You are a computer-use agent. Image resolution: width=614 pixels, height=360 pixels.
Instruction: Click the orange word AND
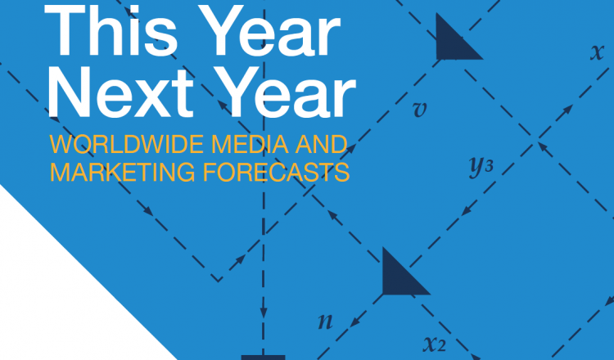pos(321,144)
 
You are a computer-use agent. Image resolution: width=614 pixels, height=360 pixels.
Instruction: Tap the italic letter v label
pos(420,110)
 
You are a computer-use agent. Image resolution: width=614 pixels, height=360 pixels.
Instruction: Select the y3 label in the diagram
pos(481,167)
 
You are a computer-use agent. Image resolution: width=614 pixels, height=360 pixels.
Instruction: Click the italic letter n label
pos(325,322)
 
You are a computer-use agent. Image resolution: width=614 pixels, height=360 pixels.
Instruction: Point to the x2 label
pos(435,344)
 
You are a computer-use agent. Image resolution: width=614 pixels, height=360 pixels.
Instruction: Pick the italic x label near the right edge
pos(597,52)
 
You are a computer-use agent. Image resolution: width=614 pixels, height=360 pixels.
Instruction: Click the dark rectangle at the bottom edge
pos(263,358)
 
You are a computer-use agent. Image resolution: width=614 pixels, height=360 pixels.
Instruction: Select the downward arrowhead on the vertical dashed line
pos(264,312)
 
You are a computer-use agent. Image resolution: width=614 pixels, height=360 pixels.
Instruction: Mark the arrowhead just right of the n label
pos(355,322)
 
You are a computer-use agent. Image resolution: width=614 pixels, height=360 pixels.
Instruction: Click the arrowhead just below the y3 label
pos(467,211)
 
